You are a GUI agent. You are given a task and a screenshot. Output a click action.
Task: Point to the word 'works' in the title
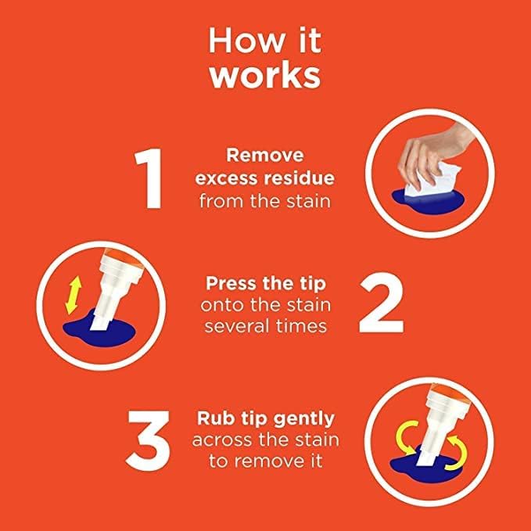(x=265, y=76)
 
